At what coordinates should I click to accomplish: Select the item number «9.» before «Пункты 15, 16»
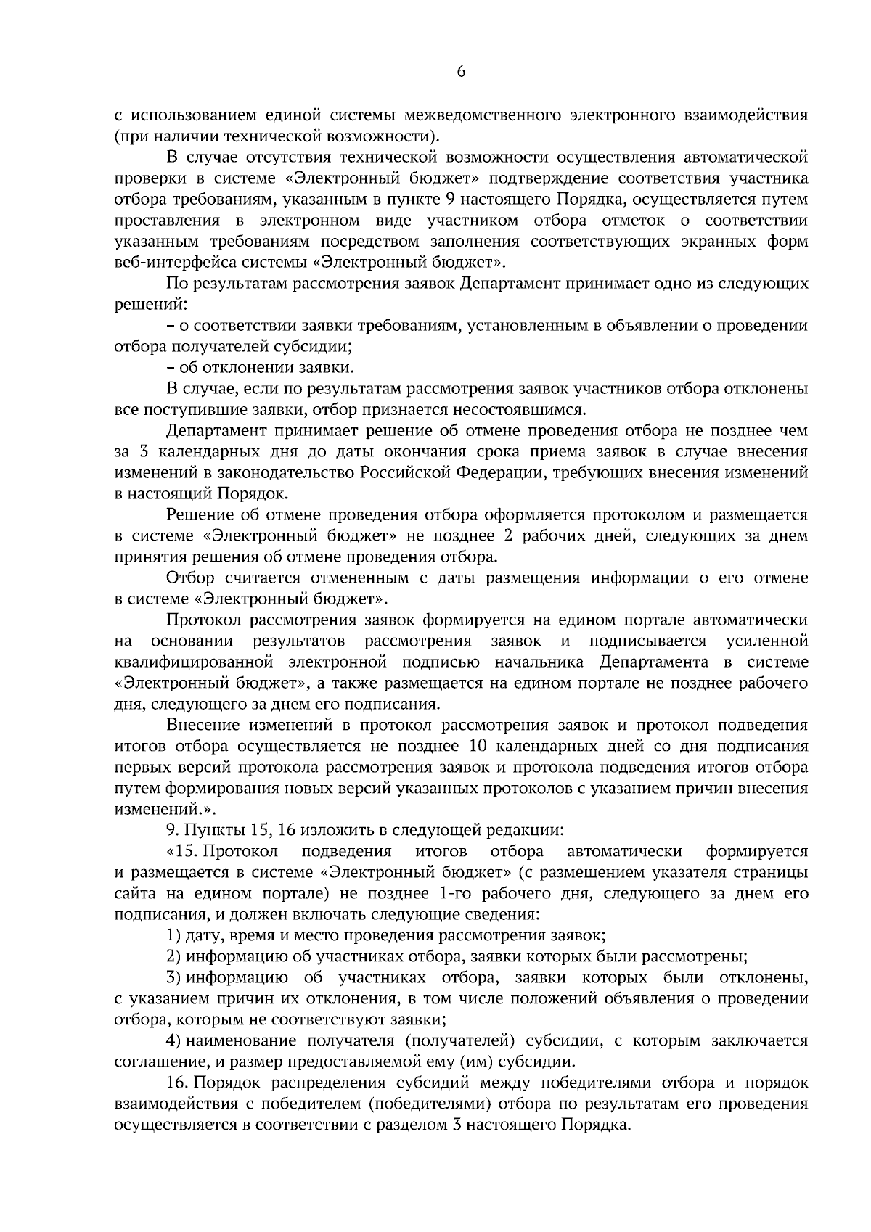(x=172, y=830)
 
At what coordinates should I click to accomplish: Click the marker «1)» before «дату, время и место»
(x=174, y=936)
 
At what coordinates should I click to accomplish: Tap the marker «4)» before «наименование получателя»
(x=173, y=1041)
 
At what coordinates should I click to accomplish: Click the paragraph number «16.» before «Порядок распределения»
(x=178, y=1083)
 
